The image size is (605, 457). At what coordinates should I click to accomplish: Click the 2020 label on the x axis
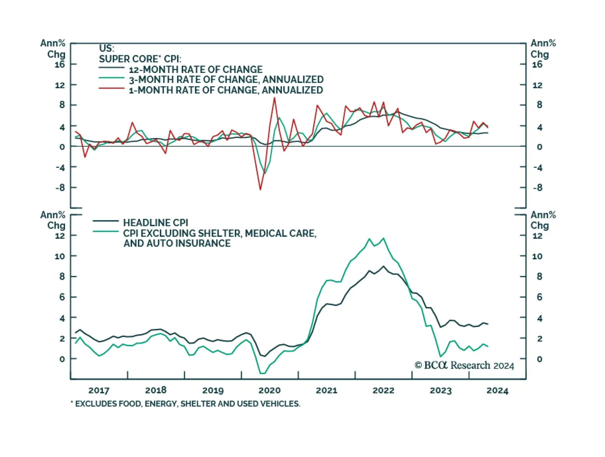pyautogui.click(x=269, y=390)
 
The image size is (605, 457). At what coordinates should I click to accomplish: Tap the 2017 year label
pyautogui.click(x=99, y=390)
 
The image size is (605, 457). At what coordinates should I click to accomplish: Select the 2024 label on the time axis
pyautogui.click(x=497, y=390)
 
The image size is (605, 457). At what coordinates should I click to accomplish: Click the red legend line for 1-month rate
pyautogui.click(x=112, y=88)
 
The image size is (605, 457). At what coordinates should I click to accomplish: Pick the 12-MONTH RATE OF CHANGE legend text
pyautogui.click(x=195, y=70)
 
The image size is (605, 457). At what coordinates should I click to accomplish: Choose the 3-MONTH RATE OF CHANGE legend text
pyautogui.click(x=226, y=80)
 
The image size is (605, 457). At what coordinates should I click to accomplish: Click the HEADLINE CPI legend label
pyautogui.click(x=155, y=223)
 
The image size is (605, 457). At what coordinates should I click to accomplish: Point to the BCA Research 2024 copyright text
pyautogui.click(x=464, y=365)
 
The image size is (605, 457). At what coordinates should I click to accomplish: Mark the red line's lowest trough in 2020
pyautogui.click(x=260, y=189)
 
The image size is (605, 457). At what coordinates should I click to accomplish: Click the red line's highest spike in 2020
pyautogui.click(x=275, y=98)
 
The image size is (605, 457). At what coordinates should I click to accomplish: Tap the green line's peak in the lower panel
pyautogui.click(x=383, y=238)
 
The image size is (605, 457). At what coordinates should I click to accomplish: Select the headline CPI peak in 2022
pyautogui.click(x=383, y=266)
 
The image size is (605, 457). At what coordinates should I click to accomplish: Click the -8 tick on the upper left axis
pyautogui.click(x=60, y=187)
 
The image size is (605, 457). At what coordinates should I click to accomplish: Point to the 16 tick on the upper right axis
pyautogui.click(x=537, y=65)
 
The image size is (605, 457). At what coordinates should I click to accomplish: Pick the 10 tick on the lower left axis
pyautogui.click(x=60, y=256)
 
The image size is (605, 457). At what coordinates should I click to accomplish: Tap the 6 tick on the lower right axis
pyautogui.click(x=540, y=297)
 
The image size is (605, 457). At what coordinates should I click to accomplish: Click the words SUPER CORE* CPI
pyautogui.click(x=140, y=59)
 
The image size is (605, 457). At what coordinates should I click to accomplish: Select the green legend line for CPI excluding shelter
pyautogui.click(x=106, y=231)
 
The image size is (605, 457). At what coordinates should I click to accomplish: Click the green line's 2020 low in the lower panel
pyautogui.click(x=262, y=373)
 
